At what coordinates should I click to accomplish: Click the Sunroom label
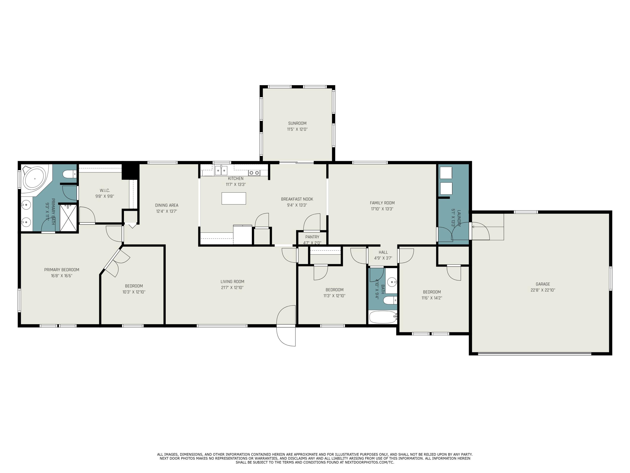click(x=297, y=123)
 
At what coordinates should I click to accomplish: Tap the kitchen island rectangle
click(x=234, y=198)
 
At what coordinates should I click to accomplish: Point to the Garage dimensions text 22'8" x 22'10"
click(x=543, y=290)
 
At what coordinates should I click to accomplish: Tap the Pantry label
click(x=312, y=237)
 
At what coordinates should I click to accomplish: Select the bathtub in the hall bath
click(x=383, y=317)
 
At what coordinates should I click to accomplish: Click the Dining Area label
click(x=167, y=205)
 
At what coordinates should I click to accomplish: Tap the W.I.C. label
click(x=105, y=190)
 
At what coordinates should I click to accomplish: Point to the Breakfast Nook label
click(x=297, y=199)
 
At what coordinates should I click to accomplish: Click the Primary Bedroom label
click(x=62, y=270)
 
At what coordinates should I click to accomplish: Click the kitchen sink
click(x=221, y=171)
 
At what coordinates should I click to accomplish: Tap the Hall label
click(x=383, y=252)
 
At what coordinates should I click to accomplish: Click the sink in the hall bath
click(x=392, y=283)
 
